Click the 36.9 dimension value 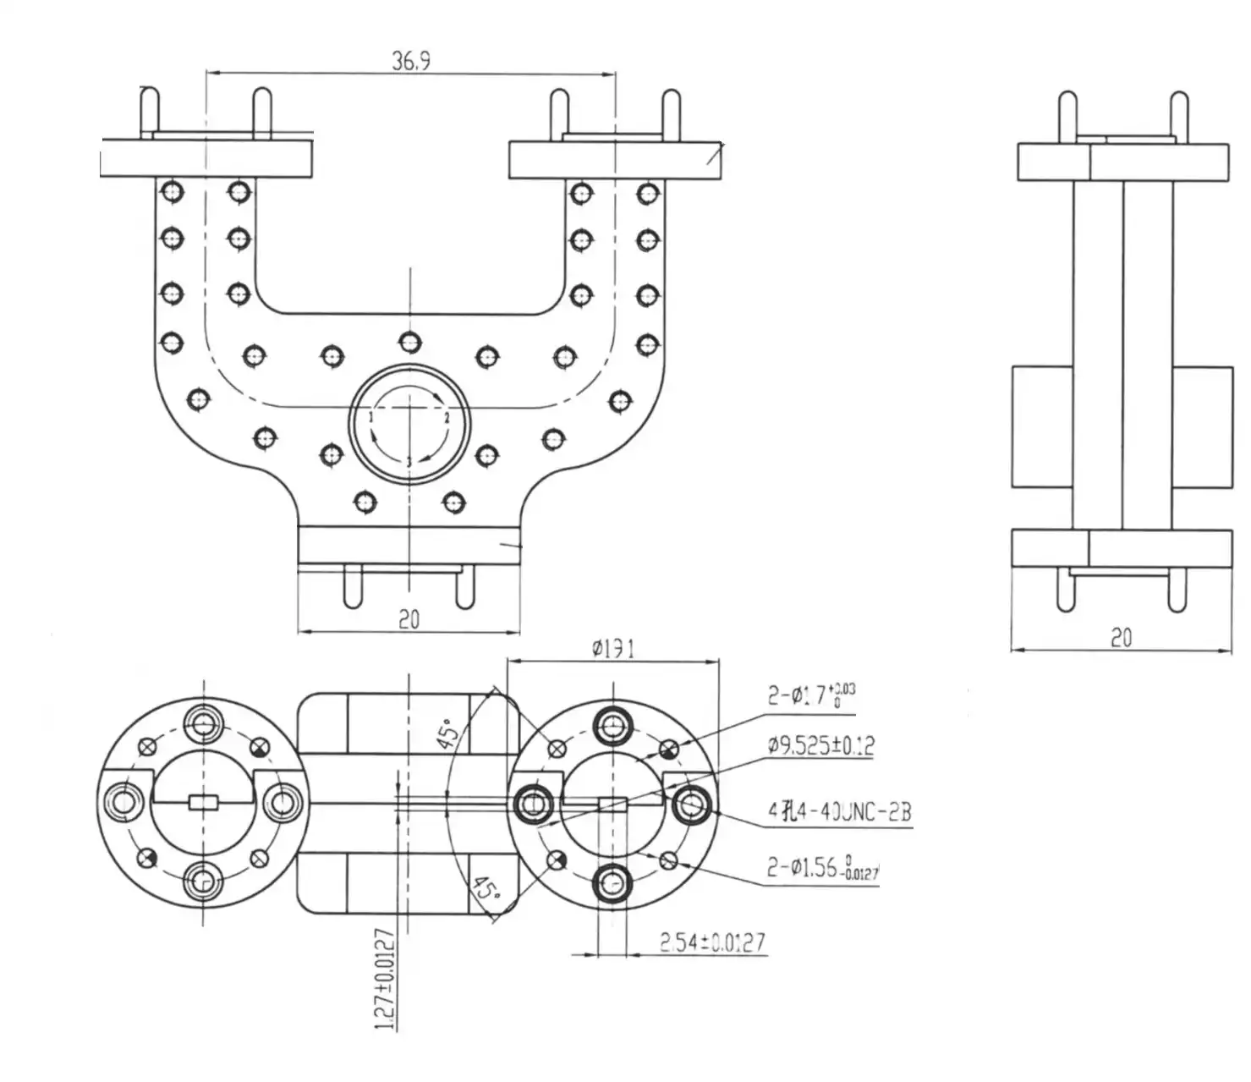click(x=410, y=61)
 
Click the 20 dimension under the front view click(x=409, y=619)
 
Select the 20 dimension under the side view click(x=1121, y=638)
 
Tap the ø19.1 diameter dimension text click(x=613, y=649)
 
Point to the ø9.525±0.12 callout click(x=820, y=746)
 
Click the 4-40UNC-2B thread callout click(x=839, y=812)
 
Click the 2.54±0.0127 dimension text click(x=713, y=942)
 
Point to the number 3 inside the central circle click(x=409, y=462)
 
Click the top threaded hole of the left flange click(x=204, y=722)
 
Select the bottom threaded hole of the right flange click(x=613, y=883)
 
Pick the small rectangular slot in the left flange click(x=204, y=803)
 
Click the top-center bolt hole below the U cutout click(x=410, y=342)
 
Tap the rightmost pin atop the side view click(x=1178, y=114)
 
